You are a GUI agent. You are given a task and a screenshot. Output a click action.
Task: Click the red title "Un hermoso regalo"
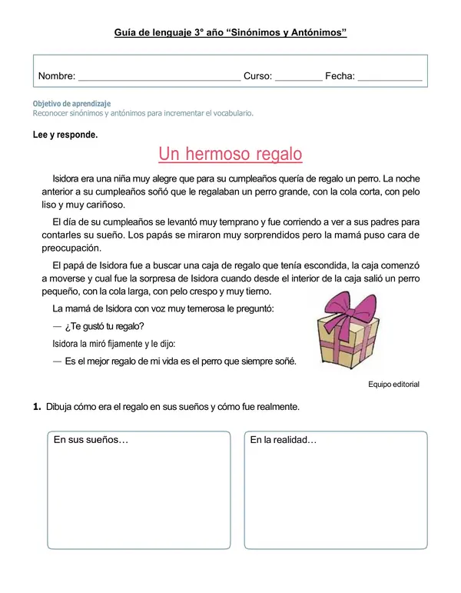[230, 155]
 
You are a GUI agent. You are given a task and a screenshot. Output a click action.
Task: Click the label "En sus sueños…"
[91, 441]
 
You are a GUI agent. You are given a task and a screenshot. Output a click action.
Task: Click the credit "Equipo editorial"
[393, 384]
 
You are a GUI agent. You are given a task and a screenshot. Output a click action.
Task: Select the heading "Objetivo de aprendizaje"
[71, 103]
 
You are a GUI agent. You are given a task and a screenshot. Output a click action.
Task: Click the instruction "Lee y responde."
[65, 135]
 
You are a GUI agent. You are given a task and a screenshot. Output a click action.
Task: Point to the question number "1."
[37, 407]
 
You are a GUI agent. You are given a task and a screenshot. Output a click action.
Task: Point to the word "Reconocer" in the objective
[53, 113]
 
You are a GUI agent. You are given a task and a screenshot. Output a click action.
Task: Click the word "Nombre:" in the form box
[57, 76]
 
